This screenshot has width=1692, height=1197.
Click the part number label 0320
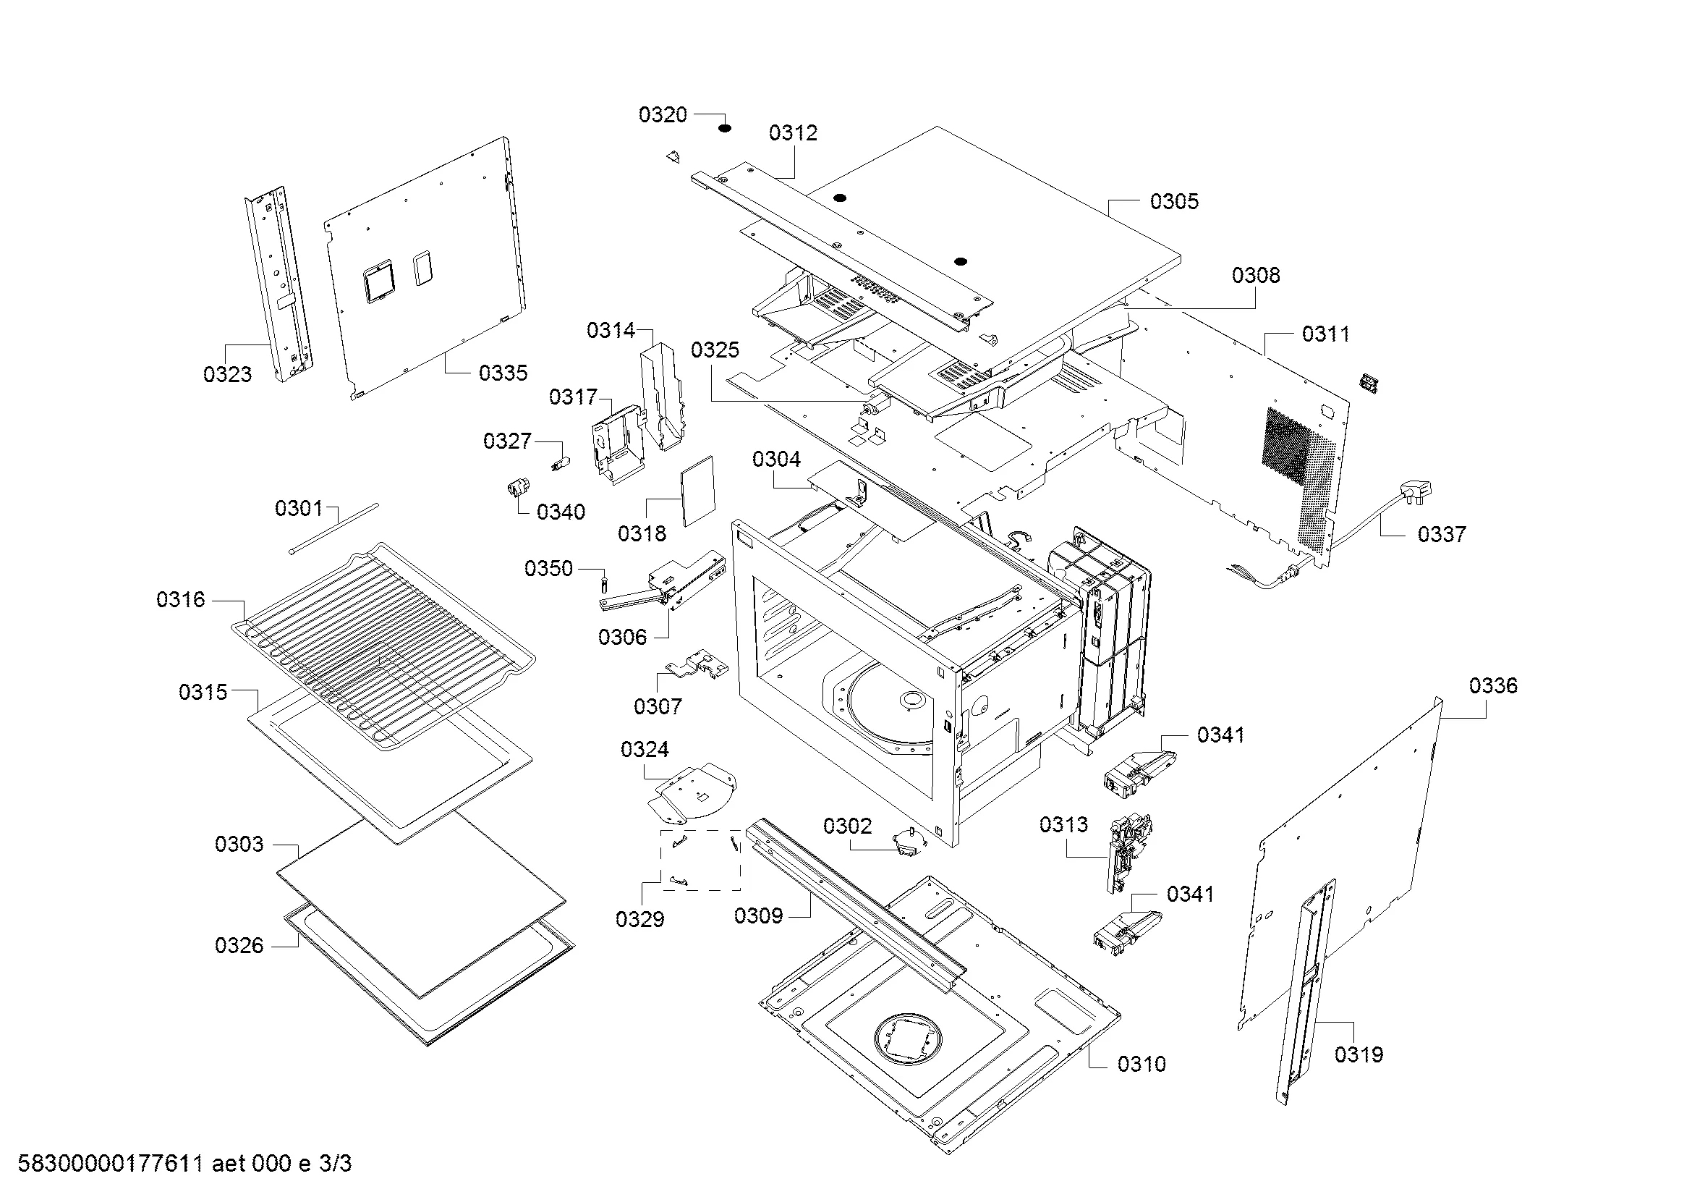663,115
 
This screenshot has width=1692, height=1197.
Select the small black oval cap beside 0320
725,128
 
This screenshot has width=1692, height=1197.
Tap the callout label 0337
1442,534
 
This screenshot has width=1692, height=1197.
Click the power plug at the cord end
1417,491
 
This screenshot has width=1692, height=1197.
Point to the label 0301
299,509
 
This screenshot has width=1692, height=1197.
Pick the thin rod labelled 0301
333,527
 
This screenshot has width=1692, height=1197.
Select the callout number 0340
561,512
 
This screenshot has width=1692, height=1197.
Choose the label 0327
507,441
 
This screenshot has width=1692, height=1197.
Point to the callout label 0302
848,826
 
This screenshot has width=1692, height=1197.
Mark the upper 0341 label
1220,735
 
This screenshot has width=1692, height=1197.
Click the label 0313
1063,825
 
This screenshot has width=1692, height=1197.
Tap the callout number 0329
639,919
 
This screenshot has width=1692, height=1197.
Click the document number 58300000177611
110,1164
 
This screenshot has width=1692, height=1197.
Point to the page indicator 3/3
336,1164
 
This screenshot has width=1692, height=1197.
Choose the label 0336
1493,686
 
